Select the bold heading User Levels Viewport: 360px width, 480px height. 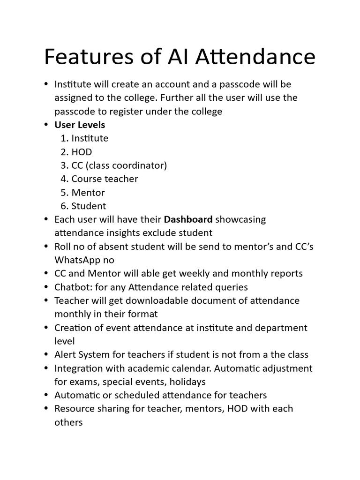pos(80,125)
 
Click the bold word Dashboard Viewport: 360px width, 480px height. pos(188,219)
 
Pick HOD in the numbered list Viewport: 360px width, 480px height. pos(82,152)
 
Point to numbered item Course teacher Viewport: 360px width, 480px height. pos(105,179)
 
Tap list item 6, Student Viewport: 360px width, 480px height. pos(89,206)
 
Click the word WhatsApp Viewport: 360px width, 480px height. pos(77,260)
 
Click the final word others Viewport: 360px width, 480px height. pos(68,422)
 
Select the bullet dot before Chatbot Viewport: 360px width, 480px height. pos(46,287)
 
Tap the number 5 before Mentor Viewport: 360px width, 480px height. pos(63,192)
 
